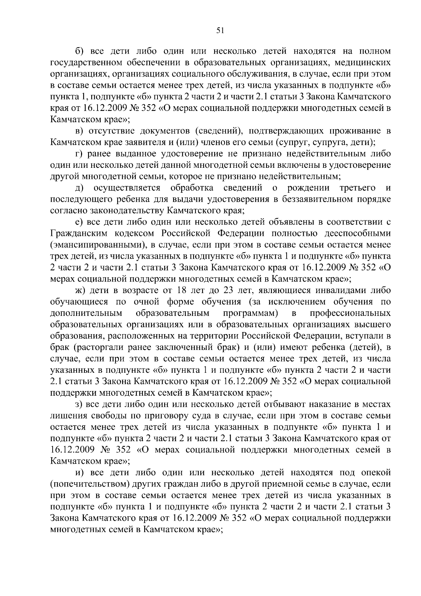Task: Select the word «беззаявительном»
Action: coord(315,199)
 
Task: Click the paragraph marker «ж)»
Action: coord(81,291)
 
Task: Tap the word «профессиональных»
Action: coord(350,313)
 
